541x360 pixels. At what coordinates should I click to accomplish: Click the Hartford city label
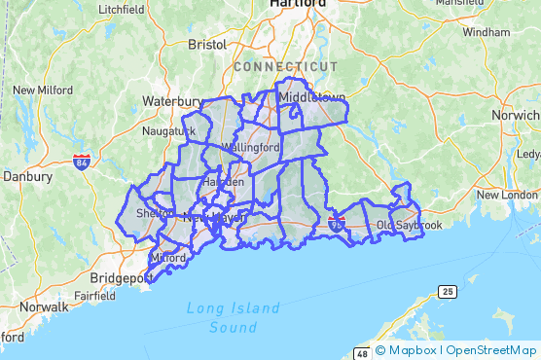pos(298,4)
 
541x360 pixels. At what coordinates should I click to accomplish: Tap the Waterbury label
pos(172,100)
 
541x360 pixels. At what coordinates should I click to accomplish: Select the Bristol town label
pos(206,44)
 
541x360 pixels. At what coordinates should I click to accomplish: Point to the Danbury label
pos(26,177)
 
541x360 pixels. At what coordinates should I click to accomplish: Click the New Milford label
pos(43,90)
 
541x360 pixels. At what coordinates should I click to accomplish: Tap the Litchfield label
pos(122,9)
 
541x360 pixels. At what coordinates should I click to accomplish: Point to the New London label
pos(506,195)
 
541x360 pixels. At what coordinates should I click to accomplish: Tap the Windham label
pos(486,32)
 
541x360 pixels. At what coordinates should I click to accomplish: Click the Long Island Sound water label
pos(233,318)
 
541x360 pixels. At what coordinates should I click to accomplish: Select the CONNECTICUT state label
pos(285,66)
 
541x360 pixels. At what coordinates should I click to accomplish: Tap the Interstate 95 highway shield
pos(337,225)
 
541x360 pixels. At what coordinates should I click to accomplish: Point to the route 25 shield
pos(447,292)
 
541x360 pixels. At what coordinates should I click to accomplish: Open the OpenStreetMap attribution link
pos(491,350)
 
